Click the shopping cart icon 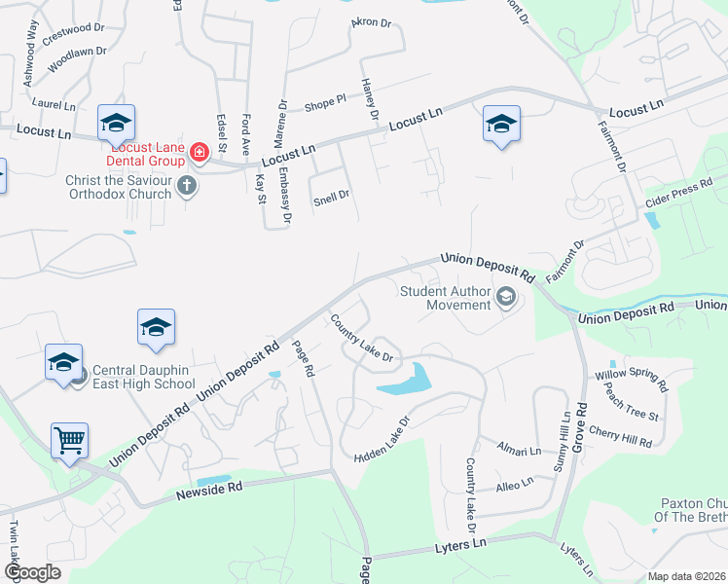click(70, 440)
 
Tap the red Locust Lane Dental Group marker click(200, 152)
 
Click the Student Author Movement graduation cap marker click(505, 297)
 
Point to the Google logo click(31, 572)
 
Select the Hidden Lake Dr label click(383, 441)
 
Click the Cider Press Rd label click(678, 199)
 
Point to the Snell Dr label click(331, 196)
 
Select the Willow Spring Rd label click(632, 376)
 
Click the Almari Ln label click(520, 452)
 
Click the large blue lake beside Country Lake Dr click(406, 382)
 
